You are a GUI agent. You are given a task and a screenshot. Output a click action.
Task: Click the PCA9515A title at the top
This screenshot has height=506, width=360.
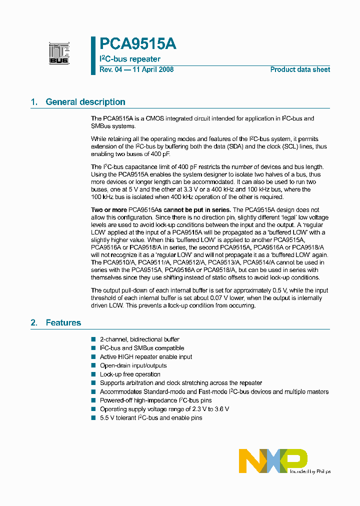(x=138, y=44)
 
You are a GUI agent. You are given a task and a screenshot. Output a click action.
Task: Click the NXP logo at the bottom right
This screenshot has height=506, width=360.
(x=273, y=460)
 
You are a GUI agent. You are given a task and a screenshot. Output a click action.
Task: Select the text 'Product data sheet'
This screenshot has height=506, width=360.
(x=300, y=69)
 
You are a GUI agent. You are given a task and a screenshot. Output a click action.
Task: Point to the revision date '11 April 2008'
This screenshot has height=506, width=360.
(x=152, y=69)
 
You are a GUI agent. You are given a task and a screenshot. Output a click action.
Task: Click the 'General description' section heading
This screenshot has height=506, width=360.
(x=85, y=102)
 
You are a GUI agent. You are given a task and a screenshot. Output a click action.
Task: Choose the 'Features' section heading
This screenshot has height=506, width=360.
(x=63, y=323)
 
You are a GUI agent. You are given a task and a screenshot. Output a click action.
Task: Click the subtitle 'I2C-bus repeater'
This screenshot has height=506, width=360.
(x=130, y=59)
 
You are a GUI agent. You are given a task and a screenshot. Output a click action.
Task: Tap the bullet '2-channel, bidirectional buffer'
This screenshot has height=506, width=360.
(x=139, y=339)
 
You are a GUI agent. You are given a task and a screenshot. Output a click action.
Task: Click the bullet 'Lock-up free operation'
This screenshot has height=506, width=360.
(x=130, y=374)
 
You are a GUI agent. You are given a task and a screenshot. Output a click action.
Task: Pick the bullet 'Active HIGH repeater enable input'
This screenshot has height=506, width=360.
(x=146, y=357)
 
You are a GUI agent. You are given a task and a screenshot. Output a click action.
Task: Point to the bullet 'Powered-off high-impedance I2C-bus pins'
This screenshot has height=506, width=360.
(x=155, y=400)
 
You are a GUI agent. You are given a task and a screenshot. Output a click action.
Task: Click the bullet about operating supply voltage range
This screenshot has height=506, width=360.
(x=164, y=409)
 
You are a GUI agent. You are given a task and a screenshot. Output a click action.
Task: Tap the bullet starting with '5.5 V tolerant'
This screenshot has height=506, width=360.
(x=151, y=417)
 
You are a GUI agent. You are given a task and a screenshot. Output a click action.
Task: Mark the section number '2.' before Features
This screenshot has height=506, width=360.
(x=34, y=323)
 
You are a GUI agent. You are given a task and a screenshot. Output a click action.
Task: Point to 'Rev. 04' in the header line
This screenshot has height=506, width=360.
(x=110, y=69)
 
